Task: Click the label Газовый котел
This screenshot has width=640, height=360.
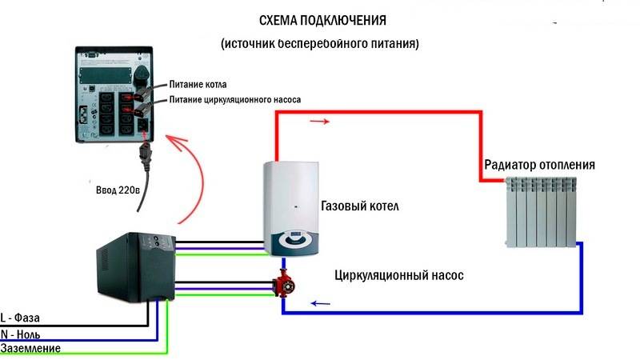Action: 359,206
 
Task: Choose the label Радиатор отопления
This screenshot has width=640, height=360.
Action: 539,165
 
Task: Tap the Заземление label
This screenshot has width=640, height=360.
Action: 30,348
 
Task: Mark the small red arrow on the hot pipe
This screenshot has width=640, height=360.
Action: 318,122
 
